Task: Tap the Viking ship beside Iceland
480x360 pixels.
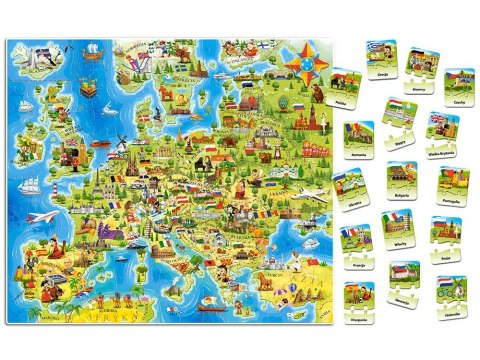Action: (x=92, y=49)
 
